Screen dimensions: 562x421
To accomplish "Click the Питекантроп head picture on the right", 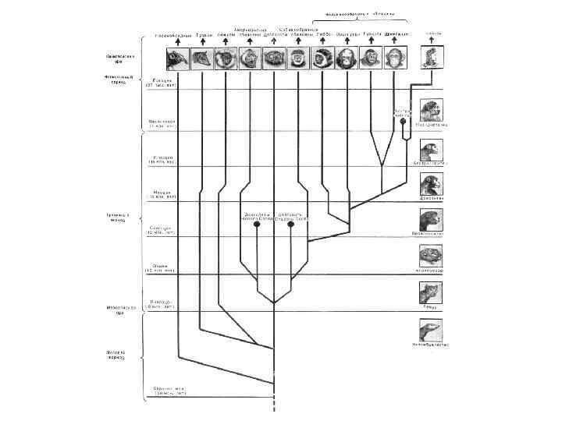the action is coord(431,110).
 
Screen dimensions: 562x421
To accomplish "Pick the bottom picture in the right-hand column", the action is coord(431,328).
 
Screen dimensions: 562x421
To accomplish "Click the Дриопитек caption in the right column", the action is coord(431,199).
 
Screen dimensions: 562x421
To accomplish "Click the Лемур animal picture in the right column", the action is coord(431,292).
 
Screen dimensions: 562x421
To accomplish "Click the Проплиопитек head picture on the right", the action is coord(431,219).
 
